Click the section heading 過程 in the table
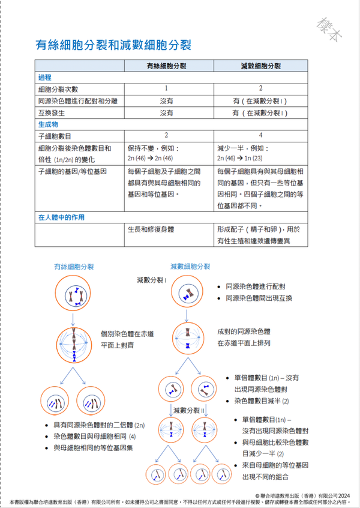(45, 77)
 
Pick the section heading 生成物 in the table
(48, 124)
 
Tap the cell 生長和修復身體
(150, 229)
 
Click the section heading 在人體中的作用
(62, 217)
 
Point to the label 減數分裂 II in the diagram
(189, 410)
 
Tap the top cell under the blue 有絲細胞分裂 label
(74, 296)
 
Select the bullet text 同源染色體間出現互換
(259, 298)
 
